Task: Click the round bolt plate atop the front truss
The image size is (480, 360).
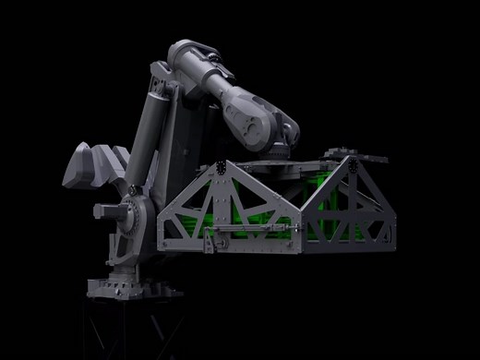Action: point(224,168)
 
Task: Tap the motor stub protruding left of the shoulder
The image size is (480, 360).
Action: point(103,213)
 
